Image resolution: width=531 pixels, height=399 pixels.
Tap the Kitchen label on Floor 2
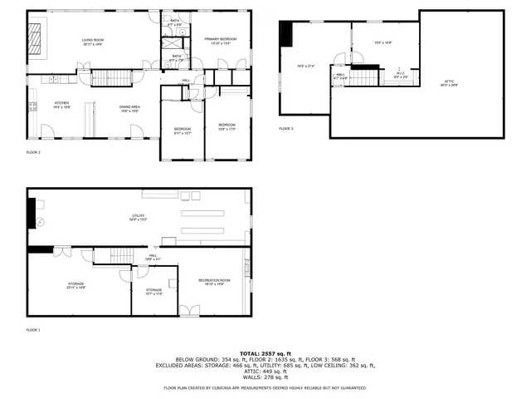(x=61, y=104)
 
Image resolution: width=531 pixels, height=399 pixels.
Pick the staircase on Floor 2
(x=111, y=78)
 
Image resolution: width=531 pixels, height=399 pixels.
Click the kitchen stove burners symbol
(x=33, y=106)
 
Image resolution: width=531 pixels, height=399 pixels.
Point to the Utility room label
(x=137, y=218)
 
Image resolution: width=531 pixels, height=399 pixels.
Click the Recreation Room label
(x=213, y=282)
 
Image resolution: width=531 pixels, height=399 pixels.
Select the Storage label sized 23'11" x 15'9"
(x=76, y=285)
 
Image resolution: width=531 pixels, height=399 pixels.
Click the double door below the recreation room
(x=189, y=311)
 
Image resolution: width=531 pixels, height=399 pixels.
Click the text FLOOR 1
(x=33, y=331)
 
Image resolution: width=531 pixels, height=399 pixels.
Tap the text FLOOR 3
(x=286, y=129)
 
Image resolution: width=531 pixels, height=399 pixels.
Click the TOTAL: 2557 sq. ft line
(x=265, y=353)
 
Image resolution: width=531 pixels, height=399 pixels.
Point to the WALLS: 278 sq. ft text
(x=265, y=378)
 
